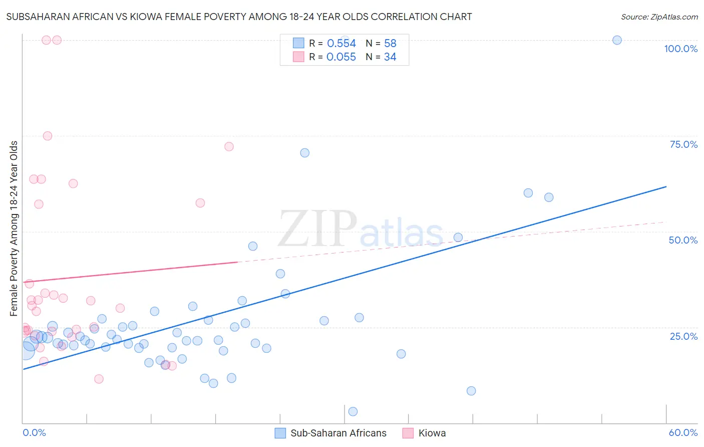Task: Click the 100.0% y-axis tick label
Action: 680,49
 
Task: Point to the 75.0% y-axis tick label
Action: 683,144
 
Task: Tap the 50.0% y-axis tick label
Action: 683,240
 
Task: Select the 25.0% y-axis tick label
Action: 683,336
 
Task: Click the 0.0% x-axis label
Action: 34,432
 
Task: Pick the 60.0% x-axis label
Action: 683,432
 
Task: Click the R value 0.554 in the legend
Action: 341,44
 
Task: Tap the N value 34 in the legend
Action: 390,57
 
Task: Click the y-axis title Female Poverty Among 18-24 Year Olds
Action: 14,229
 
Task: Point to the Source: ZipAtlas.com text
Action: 659,17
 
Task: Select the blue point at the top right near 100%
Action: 617,40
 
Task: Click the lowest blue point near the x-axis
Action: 353,411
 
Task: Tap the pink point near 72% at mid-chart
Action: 229,147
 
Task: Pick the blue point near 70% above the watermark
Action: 304,153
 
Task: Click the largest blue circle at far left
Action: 26,349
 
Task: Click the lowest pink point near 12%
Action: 99,379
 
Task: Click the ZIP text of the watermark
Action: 317,229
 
